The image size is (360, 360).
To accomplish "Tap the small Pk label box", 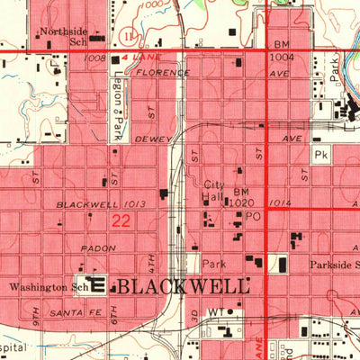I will (322, 156).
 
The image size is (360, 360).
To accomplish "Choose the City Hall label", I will (212, 190).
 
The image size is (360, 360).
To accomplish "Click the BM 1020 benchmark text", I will (240, 198).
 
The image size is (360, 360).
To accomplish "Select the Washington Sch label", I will (46, 287).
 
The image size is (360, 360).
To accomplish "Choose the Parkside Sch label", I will (334, 265).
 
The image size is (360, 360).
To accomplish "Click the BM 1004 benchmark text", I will (283, 50).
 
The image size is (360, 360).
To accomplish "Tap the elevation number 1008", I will (94, 57).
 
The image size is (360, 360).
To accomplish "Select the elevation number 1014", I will (280, 203).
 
